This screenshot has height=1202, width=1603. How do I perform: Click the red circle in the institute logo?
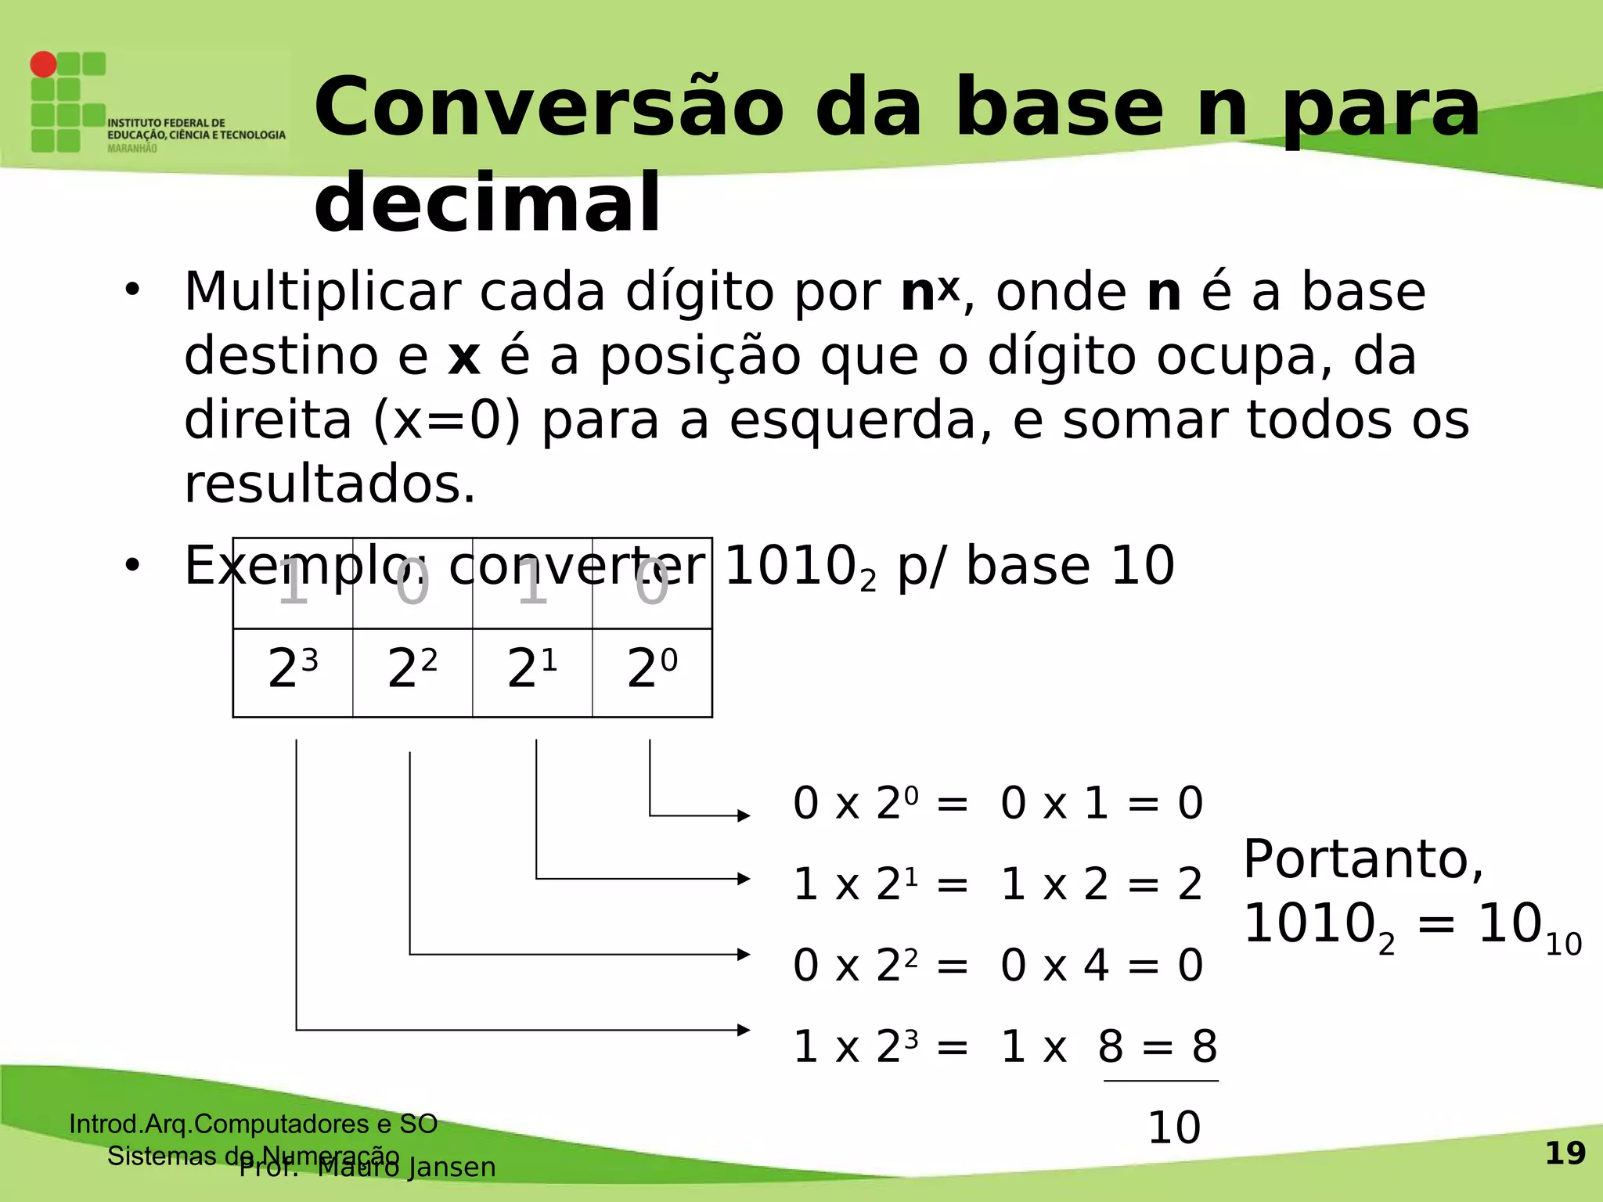coord(44,64)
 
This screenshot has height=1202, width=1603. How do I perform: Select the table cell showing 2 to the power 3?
coord(293,671)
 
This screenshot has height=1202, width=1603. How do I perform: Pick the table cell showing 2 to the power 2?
coord(412,671)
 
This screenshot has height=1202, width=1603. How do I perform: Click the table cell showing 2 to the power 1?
coord(532,671)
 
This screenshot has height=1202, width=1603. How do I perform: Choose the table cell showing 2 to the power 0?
coord(652,671)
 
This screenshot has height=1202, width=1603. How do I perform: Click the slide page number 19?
coord(1565,1153)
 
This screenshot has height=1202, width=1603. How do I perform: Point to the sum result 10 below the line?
coord(1173,1128)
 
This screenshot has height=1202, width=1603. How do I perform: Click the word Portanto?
coord(1363,860)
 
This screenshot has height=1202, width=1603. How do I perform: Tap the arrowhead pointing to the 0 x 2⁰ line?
coord(744,816)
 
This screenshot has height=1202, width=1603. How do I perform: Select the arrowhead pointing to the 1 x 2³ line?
coord(744,1030)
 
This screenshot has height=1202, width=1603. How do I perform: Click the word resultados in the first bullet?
coord(330,484)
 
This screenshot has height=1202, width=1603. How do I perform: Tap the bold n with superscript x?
coord(929,292)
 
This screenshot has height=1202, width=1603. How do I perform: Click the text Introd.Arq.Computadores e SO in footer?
coord(253,1124)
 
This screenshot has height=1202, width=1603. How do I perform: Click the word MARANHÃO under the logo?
coord(131,149)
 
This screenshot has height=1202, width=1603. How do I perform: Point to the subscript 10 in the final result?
coord(1563,945)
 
